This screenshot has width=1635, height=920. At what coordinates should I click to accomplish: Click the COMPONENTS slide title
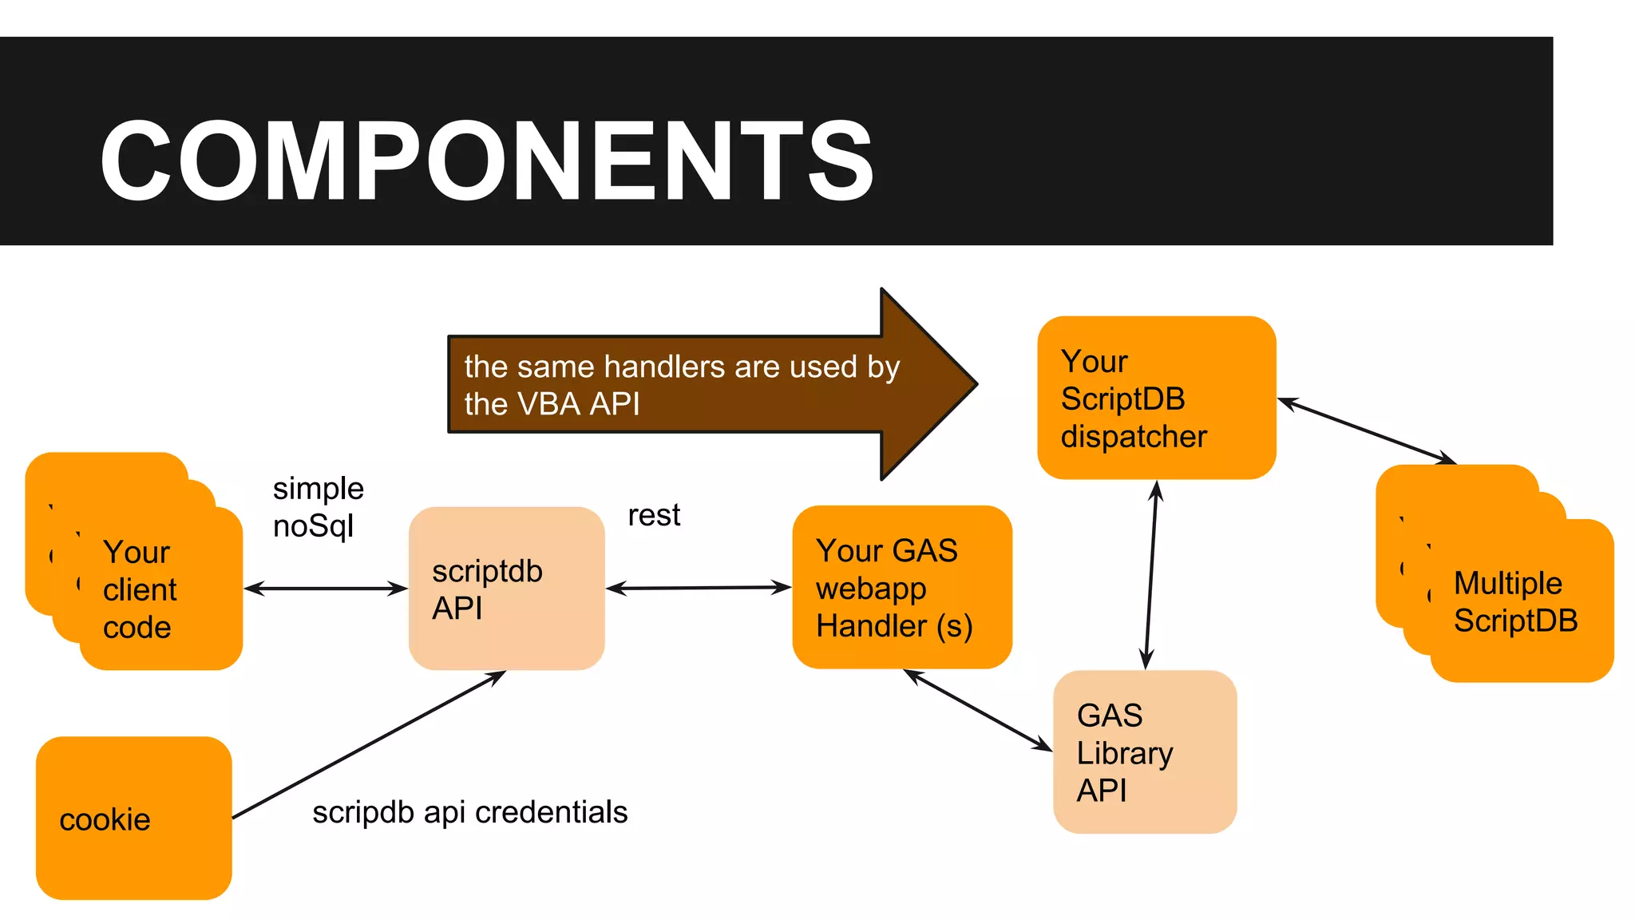tap(487, 160)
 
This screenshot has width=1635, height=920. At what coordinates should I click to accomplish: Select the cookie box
tap(133, 818)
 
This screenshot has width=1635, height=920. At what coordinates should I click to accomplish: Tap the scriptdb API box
tap(506, 589)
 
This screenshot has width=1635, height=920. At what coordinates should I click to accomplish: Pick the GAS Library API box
tap(1144, 752)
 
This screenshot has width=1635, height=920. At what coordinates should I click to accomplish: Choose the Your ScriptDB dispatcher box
tap(1156, 398)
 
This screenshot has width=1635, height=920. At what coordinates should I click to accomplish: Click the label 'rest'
tap(654, 515)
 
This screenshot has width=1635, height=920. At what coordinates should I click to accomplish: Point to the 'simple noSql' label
tap(318, 507)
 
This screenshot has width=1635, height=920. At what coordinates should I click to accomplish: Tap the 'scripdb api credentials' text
tap(469, 812)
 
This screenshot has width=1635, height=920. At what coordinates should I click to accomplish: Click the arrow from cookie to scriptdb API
tap(367, 745)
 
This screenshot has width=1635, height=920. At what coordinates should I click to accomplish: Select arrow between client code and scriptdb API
tap(326, 589)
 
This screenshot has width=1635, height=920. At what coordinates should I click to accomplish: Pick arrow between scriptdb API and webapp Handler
tap(699, 588)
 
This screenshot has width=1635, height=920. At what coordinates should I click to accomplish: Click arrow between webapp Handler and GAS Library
tap(978, 710)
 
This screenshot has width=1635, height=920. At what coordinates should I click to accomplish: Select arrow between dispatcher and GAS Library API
tap(1151, 575)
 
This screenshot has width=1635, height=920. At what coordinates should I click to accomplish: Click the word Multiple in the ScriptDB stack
tap(1507, 583)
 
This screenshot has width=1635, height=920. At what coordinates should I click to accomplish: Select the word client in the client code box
tap(140, 590)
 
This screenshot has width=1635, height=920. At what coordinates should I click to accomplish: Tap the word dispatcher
tap(1134, 437)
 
